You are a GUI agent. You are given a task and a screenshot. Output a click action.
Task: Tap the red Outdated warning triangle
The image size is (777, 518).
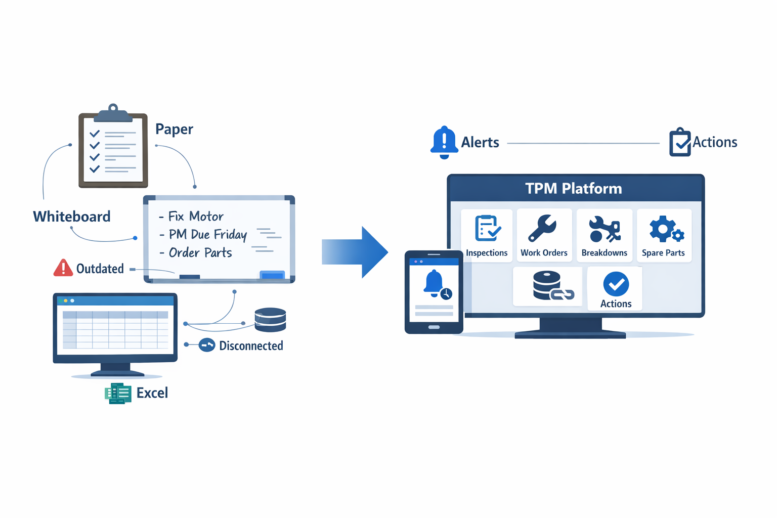[63, 268]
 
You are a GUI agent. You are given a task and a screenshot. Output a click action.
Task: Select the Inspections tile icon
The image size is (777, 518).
[487, 228]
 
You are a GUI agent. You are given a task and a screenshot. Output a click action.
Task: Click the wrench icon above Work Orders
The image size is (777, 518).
[542, 228]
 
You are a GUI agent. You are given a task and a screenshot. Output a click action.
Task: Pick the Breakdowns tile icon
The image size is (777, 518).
[604, 229]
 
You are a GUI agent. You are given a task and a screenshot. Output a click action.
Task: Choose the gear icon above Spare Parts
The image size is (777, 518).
[665, 229]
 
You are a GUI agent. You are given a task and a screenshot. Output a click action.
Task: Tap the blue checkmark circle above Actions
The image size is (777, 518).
[616, 284]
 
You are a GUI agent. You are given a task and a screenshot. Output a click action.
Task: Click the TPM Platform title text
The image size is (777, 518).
[573, 189]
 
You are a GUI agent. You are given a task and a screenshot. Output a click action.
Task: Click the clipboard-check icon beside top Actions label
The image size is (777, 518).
[680, 142]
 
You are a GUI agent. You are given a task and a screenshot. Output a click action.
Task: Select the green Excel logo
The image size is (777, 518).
[118, 393]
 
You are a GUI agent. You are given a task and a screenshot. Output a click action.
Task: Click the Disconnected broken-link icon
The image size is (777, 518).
[207, 345]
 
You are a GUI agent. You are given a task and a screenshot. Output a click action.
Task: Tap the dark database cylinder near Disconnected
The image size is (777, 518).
[270, 320]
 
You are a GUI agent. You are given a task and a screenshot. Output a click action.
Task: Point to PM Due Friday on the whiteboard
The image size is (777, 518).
[207, 235]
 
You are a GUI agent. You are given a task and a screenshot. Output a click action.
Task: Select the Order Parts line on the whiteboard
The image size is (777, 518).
[200, 253]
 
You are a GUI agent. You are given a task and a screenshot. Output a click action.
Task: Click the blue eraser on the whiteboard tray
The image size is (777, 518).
[272, 275]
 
